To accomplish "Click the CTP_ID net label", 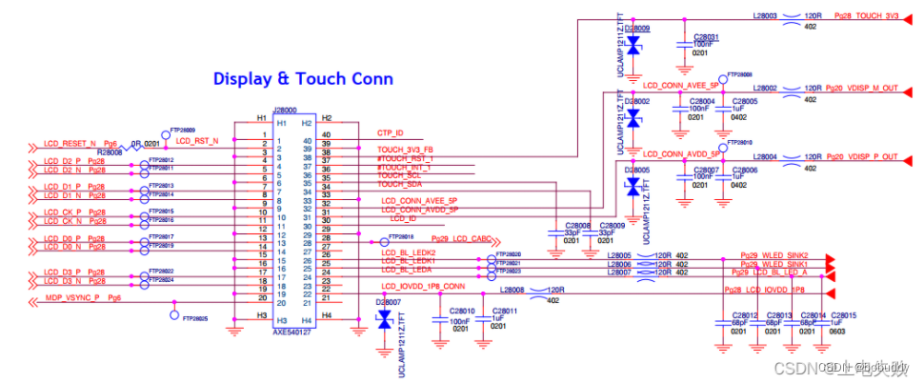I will [x=391, y=133].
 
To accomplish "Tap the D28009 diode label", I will [x=636, y=29].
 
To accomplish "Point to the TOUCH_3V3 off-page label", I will [x=866, y=16].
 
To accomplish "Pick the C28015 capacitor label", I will [x=845, y=315].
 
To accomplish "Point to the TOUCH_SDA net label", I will [x=399, y=184].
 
